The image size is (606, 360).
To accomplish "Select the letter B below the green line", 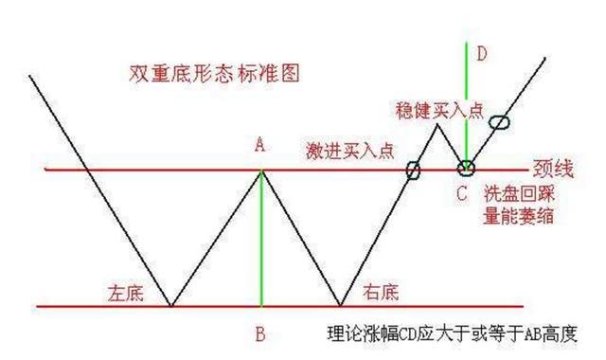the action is [x=261, y=333].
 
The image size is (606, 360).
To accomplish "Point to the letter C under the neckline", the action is [x=461, y=194].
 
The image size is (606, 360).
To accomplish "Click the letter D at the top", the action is [x=481, y=54].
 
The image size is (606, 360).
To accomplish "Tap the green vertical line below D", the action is [x=467, y=104].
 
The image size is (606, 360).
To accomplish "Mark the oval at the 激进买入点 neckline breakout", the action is [x=413, y=171].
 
